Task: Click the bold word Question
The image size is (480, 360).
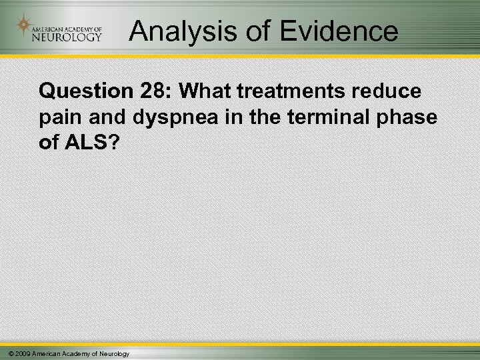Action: coord(82,89)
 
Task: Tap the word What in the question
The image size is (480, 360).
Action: coord(197,89)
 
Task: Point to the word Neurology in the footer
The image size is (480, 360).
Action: coord(113,353)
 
